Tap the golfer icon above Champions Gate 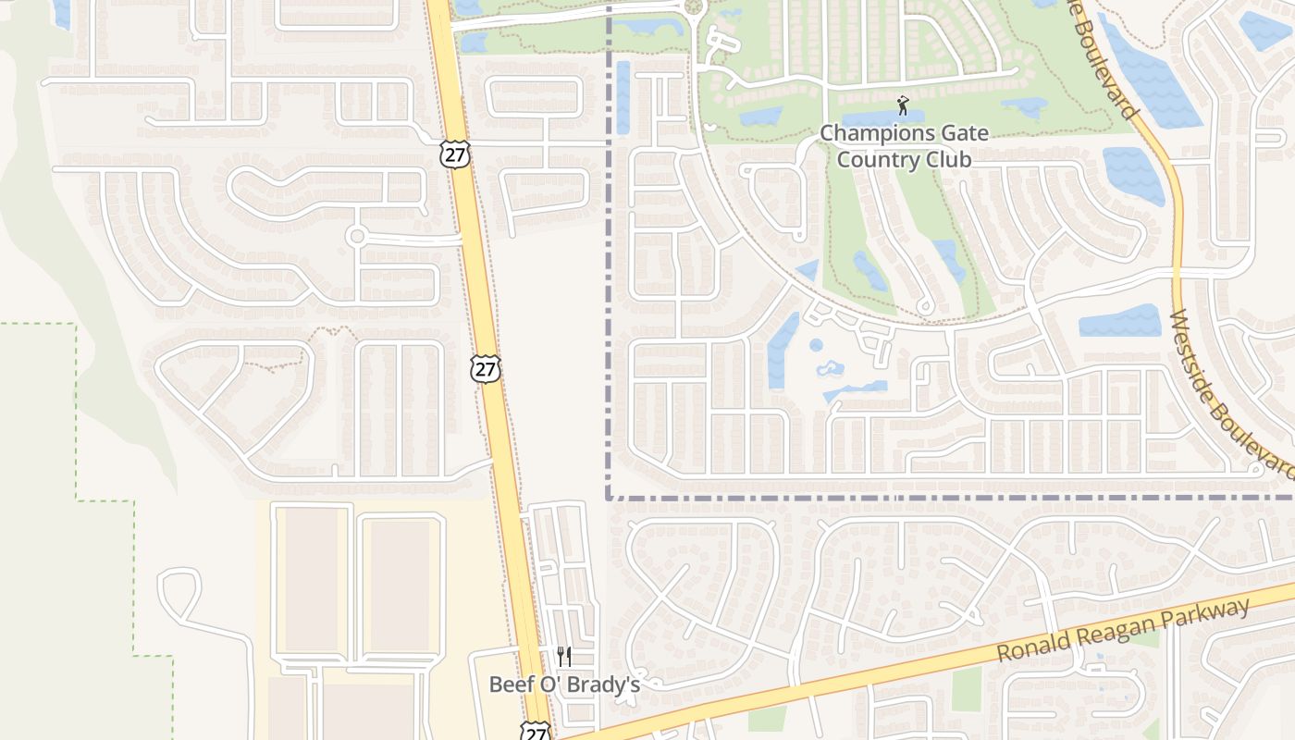[x=903, y=105]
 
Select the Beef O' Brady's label [x=564, y=684]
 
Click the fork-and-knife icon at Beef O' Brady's [x=564, y=657]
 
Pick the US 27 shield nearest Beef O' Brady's [x=535, y=731]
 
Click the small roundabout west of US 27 [x=356, y=236]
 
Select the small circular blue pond [x=816, y=345]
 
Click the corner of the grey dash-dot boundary [x=609, y=498]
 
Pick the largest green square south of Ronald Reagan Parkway [x=967, y=689]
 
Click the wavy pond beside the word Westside [x=1120, y=321]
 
